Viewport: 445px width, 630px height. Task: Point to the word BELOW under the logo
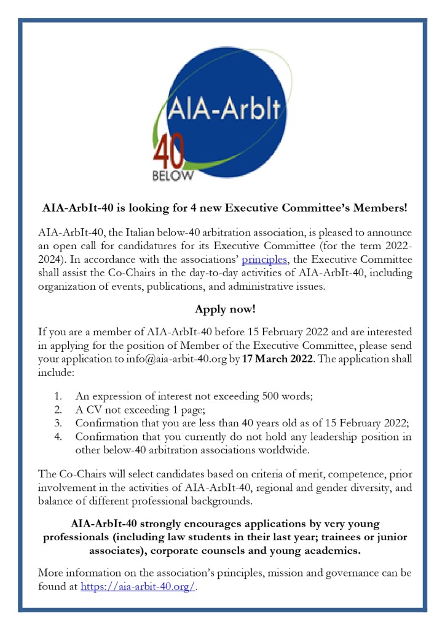pos(172,176)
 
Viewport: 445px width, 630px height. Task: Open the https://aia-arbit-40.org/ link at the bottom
pos(138,586)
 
